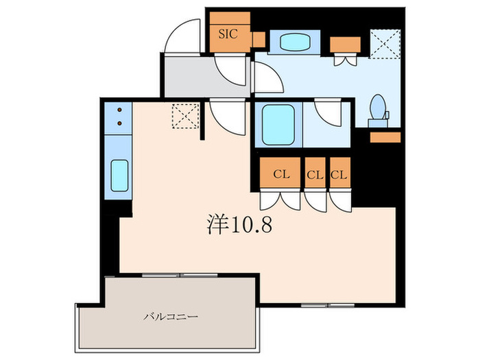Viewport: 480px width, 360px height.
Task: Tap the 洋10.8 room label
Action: [x=239, y=224]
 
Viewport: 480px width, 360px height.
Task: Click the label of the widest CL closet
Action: [x=280, y=175]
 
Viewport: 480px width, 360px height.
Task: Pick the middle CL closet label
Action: [x=315, y=175]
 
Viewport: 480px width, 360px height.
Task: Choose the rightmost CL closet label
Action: [x=339, y=175]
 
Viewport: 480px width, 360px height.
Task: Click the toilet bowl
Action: [x=378, y=108]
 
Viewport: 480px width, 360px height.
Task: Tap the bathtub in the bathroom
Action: [x=278, y=124]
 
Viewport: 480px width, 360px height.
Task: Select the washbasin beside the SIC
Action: [x=292, y=41]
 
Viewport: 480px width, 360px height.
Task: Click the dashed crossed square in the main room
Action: [x=186, y=115]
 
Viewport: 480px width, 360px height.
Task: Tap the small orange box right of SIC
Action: [x=258, y=40]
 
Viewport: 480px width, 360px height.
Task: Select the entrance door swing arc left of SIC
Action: [x=187, y=38]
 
